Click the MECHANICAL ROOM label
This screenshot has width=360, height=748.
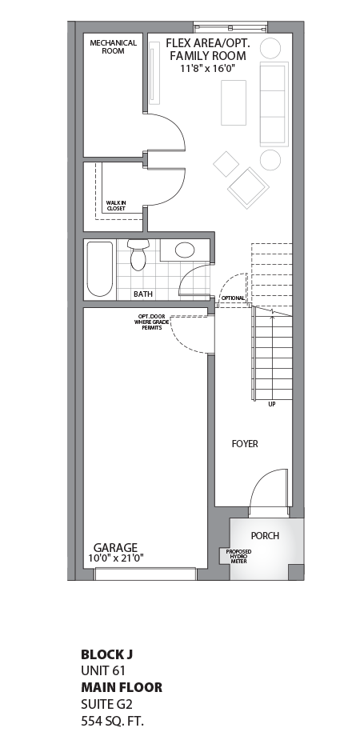113,46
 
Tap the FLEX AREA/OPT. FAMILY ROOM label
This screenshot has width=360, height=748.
206,50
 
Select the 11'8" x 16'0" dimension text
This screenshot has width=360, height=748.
206,69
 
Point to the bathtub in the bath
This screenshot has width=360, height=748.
100,269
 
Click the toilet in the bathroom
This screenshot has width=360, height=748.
138,254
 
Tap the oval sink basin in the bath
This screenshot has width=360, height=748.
185,250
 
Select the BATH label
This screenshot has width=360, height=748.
143,294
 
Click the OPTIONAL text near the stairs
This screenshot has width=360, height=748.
233,298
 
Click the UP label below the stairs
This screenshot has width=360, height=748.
273,405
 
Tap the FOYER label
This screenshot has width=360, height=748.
245,443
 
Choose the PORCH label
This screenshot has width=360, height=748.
265,535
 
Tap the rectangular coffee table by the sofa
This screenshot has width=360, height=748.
234,102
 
